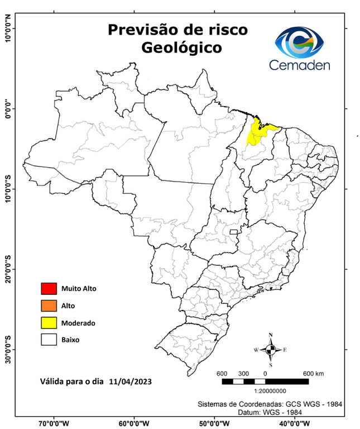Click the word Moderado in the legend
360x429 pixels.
[78, 323]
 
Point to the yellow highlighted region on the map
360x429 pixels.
[260, 132]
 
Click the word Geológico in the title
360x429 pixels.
[181, 47]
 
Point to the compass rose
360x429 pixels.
[271, 350]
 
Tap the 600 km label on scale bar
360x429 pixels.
[313, 373]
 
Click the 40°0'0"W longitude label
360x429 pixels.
[295, 423]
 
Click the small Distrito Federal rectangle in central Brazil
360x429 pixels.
[233, 231]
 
